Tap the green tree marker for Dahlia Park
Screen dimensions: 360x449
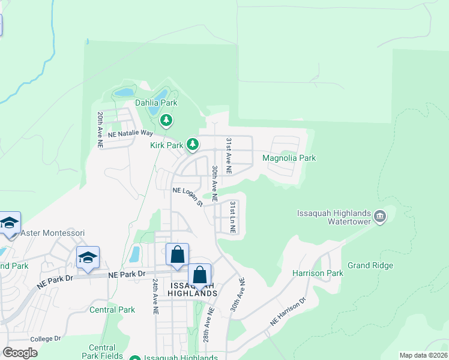pyautogui.click(x=167, y=121)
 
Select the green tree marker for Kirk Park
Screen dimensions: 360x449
pyautogui.click(x=193, y=144)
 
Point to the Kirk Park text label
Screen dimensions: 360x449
pyautogui.click(x=166, y=145)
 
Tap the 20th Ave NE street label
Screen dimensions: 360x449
pyautogui.click(x=100, y=130)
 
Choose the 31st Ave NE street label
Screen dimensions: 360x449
pyautogui.click(x=229, y=155)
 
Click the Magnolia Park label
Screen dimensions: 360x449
pyautogui.click(x=289, y=158)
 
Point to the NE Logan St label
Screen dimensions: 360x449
pyautogui.click(x=188, y=196)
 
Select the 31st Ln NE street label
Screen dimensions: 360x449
pyautogui.click(x=233, y=218)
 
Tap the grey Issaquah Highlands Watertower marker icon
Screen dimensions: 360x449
pyautogui.click(x=379, y=216)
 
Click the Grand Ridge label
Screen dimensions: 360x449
pyautogui.click(x=370, y=265)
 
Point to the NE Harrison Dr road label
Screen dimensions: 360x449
pyautogui.click(x=288, y=311)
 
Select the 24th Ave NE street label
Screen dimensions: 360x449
pyautogui.click(x=155, y=296)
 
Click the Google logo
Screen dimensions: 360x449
pyautogui.click(x=20, y=352)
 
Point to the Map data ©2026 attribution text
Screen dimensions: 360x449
pyautogui.click(x=423, y=355)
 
